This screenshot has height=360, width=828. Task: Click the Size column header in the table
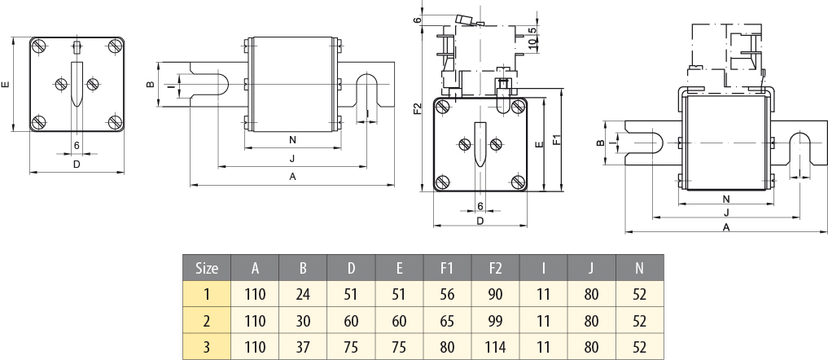click(x=208, y=267)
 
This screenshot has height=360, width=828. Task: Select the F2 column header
click(x=495, y=267)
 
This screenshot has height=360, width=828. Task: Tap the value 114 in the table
click(x=495, y=347)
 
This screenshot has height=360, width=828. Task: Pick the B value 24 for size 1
click(x=303, y=293)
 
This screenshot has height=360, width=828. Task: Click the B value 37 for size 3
click(x=303, y=347)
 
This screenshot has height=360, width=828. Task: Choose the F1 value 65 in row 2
click(x=447, y=320)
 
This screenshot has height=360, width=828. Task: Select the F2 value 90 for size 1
click(x=495, y=293)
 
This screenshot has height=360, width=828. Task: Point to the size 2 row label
click(x=208, y=320)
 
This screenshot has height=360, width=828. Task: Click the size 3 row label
click(x=208, y=347)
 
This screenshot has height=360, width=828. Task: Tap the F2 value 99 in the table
click(x=495, y=320)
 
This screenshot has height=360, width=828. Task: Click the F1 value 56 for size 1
click(x=447, y=293)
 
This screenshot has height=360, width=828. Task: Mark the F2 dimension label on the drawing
click(x=418, y=108)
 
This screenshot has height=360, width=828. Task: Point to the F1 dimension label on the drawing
click(x=557, y=139)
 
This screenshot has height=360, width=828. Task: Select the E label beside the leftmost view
click(x=7, y=84)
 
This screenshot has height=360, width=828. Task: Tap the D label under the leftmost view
click(x=77, y=164)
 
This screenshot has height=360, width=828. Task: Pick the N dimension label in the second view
click(x=292, y=140)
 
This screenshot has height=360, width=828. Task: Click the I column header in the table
click(x=543, y=267)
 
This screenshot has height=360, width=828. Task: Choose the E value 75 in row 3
click(x=399, y=347)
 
